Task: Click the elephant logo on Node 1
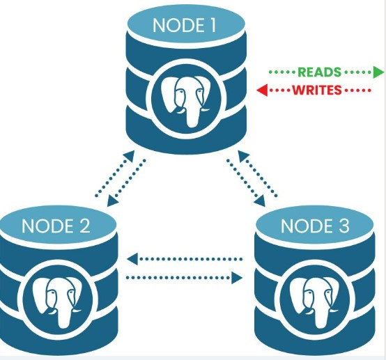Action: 185,97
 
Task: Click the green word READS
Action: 319,72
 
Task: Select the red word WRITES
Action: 316,91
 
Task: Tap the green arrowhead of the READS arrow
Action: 379,72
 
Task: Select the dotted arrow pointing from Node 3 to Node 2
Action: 185,259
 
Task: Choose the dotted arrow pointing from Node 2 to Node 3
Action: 185,278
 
